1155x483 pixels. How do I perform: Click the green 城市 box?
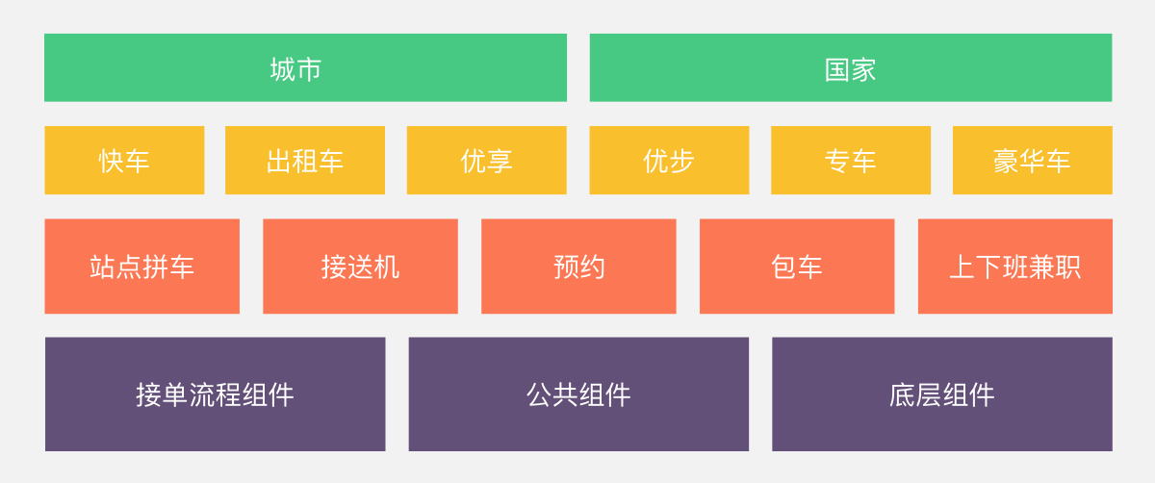(305, 67)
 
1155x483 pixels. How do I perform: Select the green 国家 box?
(851, 67)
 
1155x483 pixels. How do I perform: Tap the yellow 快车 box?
(124, 161)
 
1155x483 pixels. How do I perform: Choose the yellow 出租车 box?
(305, 161)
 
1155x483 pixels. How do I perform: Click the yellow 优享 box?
(487, 161)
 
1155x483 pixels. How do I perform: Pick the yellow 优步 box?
(669, 161)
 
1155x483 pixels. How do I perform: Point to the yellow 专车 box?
(851, 161)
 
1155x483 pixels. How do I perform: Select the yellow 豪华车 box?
(1032, 161)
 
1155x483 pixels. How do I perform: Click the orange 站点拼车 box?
(142, 267)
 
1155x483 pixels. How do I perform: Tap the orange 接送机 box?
(360, 267)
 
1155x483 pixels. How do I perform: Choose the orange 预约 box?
(578, 267)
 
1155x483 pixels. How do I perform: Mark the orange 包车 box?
(797, 267)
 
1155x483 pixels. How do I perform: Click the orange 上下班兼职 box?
(1015, 267)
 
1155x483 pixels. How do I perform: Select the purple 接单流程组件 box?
(215, 394)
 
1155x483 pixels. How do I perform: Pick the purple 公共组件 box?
(578, 394)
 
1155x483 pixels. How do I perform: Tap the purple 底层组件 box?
(942, 394)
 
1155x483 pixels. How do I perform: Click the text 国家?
(850, 70)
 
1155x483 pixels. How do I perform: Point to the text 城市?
(296, 69)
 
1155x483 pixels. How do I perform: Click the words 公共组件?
(578, 395)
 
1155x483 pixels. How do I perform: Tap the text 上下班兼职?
(1015, 267)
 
